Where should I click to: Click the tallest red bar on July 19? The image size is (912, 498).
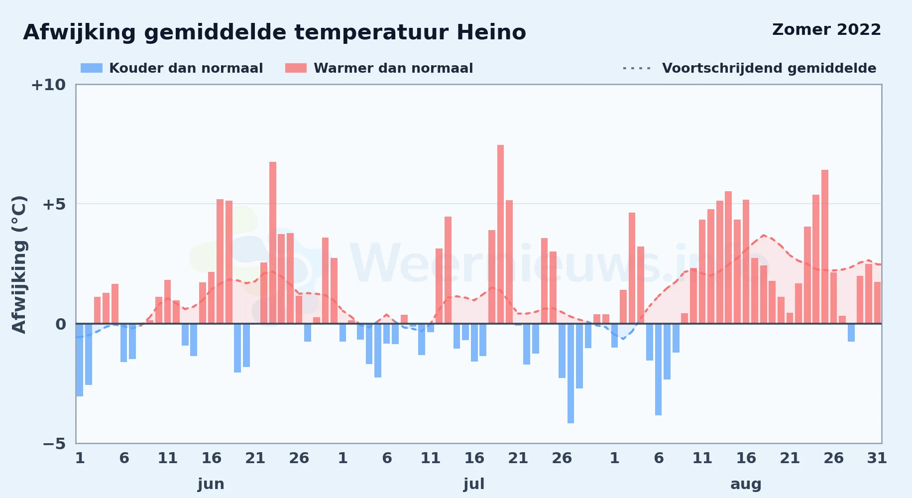(x=500, y=234)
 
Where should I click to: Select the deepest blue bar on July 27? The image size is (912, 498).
(x=570, y=373)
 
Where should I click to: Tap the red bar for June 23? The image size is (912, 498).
(x=273, y=243)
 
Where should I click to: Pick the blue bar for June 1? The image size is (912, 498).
(x=80, y=360)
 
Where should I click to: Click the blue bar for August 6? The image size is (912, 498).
(x=658, y=370)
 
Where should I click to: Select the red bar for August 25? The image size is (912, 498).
(x=825, y=247)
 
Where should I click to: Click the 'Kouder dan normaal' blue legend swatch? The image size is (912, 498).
(x=92, y=68)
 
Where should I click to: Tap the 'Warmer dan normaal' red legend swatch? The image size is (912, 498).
(x=296, y=68)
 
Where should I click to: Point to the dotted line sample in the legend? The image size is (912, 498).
(x=637, y=68)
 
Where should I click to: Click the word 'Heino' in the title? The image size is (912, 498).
(x=491, y=32)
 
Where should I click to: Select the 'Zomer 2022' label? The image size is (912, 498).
(x=826, y=29)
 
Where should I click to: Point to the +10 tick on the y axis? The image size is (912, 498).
(x=48, y=85)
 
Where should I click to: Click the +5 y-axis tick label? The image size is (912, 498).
(x=54, y=204)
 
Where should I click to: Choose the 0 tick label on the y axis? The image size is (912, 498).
(x=61, y=324)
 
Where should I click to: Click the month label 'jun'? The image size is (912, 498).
(x=211, y=484)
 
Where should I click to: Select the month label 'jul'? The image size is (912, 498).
(x=474, y=484)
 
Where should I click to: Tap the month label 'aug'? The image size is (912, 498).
(x=746, y=485)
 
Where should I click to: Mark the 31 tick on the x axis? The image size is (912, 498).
(x=877, y=458)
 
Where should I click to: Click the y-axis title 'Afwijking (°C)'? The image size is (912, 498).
(x=19, y=264)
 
